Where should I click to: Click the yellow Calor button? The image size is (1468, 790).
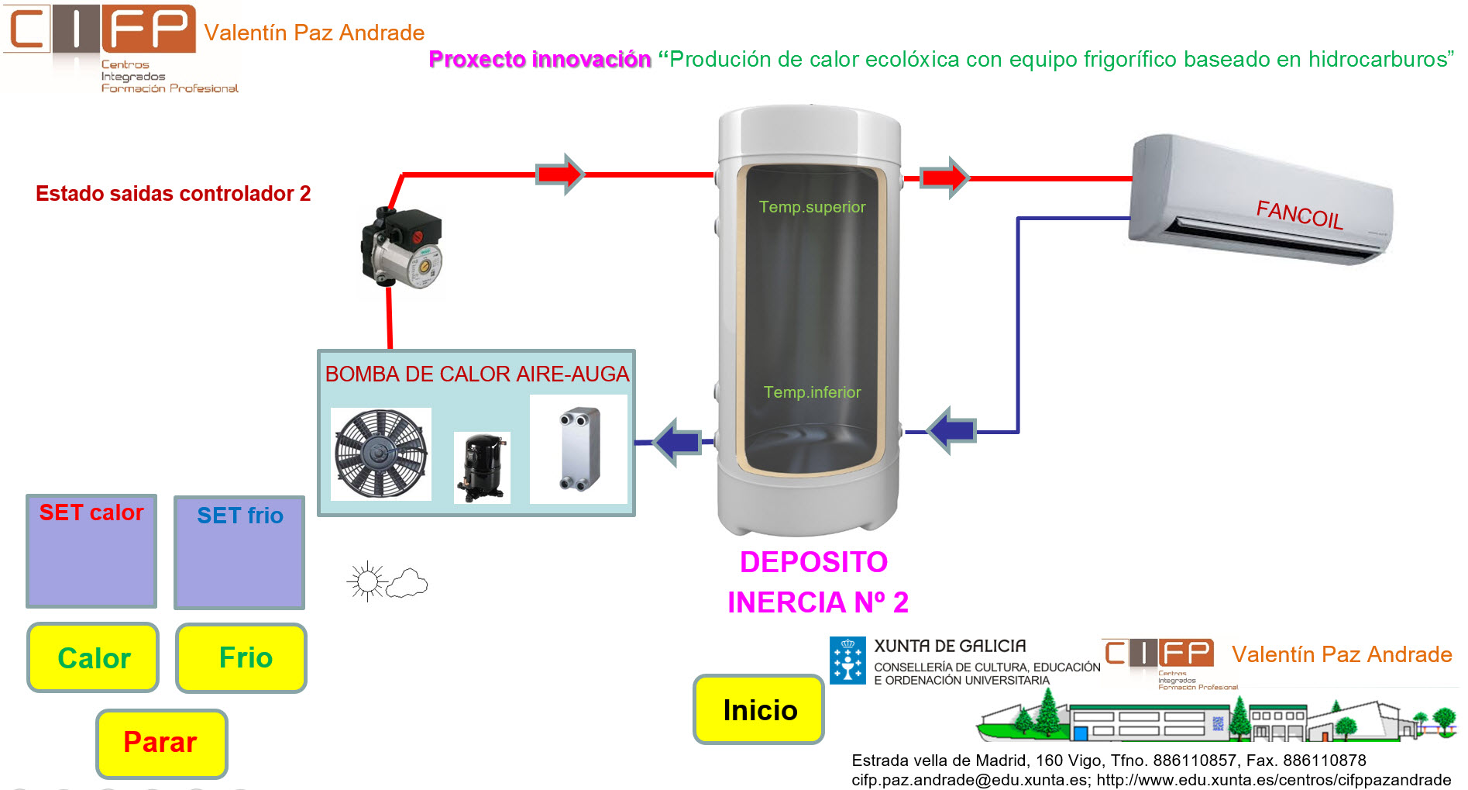93,657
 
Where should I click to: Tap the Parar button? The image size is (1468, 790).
161,743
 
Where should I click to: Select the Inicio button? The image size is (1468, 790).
759,709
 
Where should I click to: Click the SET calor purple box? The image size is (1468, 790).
91,551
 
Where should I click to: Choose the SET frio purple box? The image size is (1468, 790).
239,553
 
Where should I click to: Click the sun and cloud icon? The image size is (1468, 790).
387,581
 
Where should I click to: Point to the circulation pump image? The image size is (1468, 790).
402,249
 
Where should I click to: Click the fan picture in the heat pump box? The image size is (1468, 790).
380,454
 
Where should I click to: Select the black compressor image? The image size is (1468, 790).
482,467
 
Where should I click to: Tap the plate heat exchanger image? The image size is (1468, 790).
579,449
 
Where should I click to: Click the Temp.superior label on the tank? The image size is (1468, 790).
812,207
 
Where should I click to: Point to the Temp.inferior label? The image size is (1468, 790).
812,392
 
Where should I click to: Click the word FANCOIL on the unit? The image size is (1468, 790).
1299,214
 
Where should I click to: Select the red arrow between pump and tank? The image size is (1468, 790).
560,174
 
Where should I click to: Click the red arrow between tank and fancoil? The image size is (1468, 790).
944,178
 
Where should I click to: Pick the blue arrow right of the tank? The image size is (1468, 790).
951,429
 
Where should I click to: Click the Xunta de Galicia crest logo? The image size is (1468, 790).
847,661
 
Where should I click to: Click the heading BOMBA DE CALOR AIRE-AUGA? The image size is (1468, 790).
476,374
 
